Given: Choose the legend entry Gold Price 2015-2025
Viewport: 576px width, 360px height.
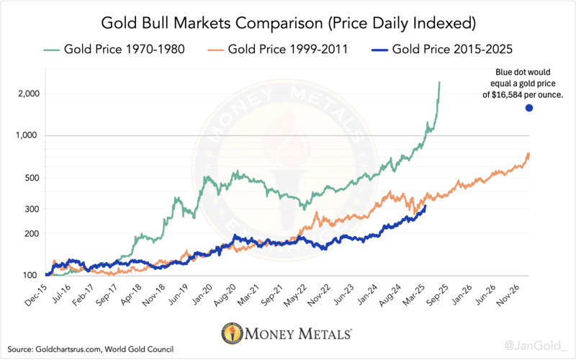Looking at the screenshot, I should [x=453, y=50].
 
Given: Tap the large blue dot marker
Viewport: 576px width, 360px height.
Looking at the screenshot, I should [x=529, y=108].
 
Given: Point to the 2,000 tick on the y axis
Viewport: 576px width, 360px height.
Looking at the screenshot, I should [x=27, y=94].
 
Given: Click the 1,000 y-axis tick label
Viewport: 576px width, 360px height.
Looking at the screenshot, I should [x=27, y=136].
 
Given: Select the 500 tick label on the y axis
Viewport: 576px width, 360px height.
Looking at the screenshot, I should [x=31, y=178].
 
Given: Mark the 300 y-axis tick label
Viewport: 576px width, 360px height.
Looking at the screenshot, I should [x=31, y=210].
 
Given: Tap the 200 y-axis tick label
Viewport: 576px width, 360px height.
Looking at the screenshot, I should [x=31, y=234].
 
